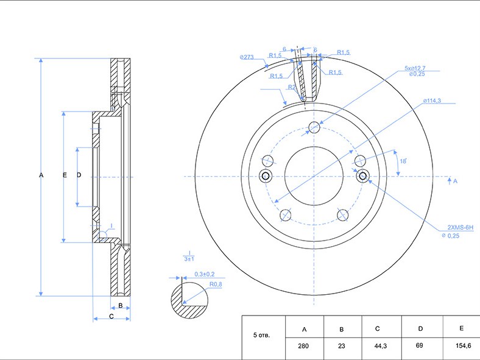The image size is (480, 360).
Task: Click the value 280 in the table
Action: (x=304, y=345)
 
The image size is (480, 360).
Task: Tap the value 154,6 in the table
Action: (x=463, y=345)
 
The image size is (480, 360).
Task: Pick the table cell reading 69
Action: (x=420, y=345)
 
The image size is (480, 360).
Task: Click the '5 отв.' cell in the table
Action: (x=261, y=335)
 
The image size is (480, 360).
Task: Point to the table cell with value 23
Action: (x=341, y=345)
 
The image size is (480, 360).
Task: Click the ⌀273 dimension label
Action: (x=247, y=57)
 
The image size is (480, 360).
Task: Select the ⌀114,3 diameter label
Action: (x=432, y=101)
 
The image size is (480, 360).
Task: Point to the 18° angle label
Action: (x=403, y=161)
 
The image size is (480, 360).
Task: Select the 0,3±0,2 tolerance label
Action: (x=204, y=274)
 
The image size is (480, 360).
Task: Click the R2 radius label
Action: (x=292, y=87)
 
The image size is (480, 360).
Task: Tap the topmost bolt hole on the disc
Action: (x=314, y=127)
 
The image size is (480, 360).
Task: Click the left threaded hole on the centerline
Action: (x=266, y=177)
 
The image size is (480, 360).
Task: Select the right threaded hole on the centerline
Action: (x=362, y=177)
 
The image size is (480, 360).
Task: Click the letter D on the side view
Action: (x=79, y=175)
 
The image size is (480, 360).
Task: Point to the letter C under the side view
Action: (x=111, y=316)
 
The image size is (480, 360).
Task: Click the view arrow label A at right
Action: (x=455, y=181)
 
